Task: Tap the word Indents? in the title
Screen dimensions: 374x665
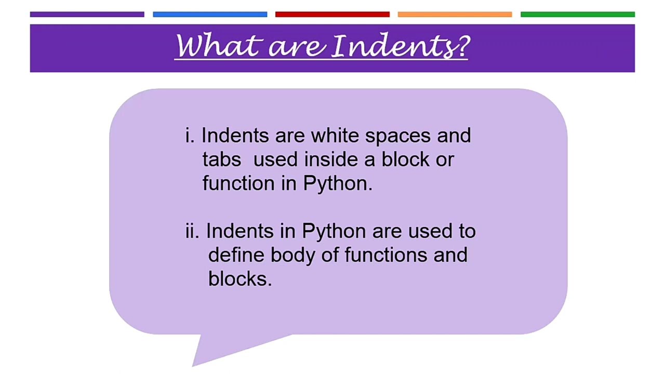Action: (401, 46)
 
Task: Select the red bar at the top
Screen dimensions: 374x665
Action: (332, 15)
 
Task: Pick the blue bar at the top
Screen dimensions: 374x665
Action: (210, 15)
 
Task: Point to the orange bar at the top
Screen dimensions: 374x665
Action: (455, 15)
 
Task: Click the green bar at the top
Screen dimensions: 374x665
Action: (577, 15)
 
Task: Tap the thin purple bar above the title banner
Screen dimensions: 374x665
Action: (87, 15)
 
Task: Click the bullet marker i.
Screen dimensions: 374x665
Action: (189, 136)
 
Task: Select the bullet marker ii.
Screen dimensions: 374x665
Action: (192, 231)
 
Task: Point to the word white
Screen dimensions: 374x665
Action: (335, 136)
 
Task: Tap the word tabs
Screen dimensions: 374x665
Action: (222, 159)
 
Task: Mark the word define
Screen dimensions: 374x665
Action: (237, 255)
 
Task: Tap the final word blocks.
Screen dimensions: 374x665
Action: (240, 279)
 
